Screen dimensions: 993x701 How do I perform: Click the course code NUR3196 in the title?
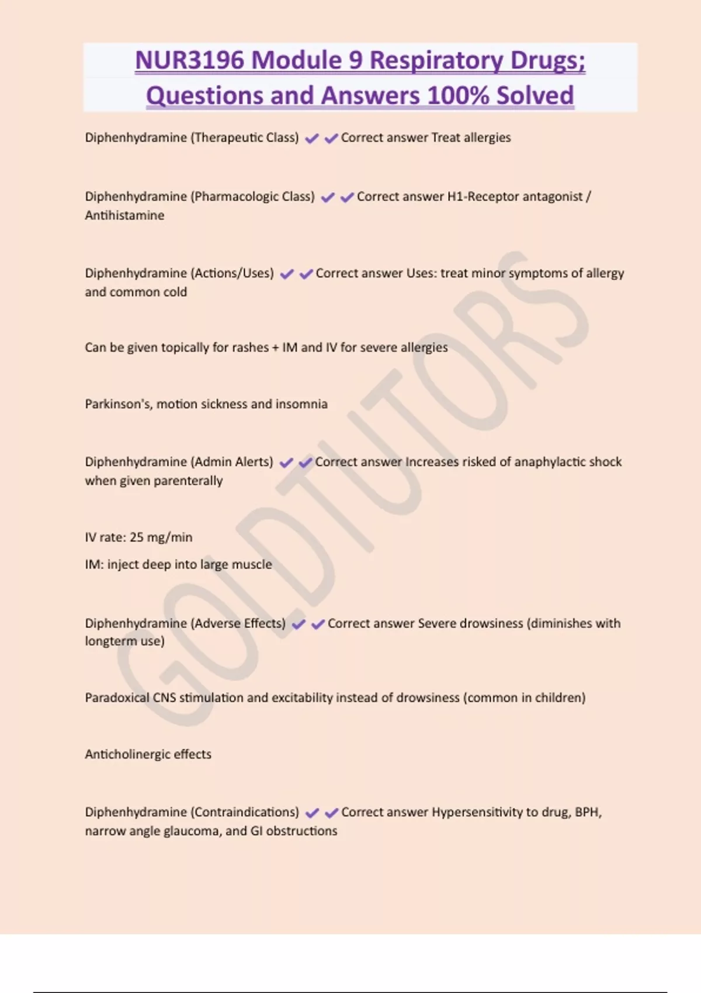point(189,60)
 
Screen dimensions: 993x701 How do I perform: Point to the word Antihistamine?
point(124,216)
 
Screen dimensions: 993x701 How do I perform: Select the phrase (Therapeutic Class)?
point(245,138)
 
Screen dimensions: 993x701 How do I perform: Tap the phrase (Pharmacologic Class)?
point(252,197)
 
